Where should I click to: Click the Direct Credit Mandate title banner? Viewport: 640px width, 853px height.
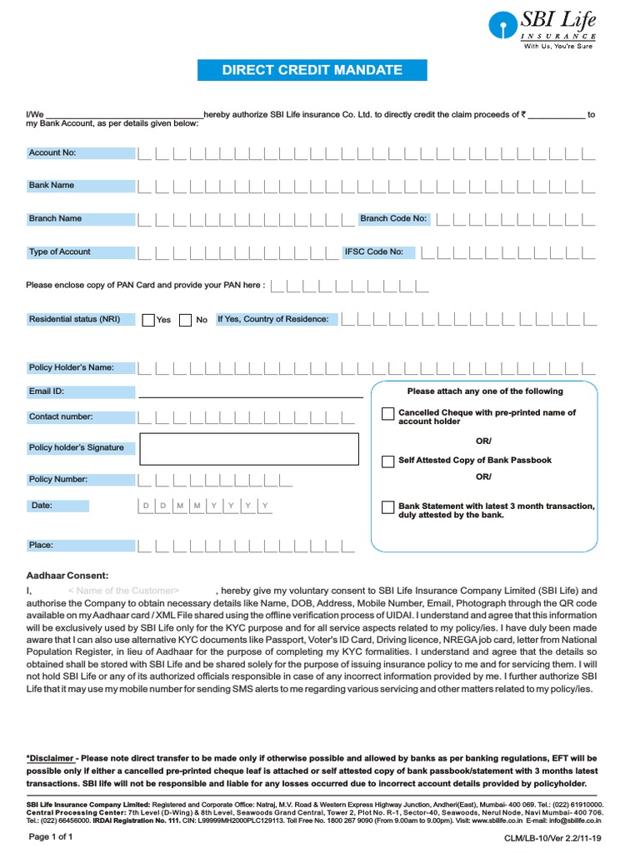(312, 70)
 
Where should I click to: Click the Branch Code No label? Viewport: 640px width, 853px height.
(393, 218)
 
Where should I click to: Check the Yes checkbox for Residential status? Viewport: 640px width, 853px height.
(148, 320)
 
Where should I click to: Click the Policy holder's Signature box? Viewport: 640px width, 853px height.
(251, 448)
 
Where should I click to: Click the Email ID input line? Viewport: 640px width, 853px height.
(250, 393)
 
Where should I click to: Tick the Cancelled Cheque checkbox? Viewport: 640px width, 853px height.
(388, 414)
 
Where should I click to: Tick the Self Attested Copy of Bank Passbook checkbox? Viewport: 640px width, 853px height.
(388, 461)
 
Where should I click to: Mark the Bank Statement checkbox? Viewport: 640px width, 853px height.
(388, 507)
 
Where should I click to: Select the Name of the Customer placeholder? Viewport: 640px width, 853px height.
(123, 590)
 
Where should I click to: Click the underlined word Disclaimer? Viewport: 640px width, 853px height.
(51, 758)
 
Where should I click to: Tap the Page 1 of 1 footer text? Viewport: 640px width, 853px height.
(51, 836)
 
